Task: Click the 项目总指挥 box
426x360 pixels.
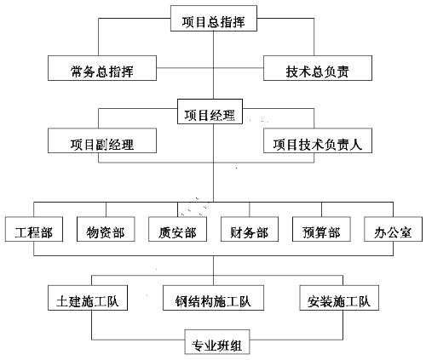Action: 214,19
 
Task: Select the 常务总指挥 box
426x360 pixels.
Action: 102,68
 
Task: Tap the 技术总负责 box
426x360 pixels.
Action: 318,68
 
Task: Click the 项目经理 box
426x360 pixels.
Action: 210,111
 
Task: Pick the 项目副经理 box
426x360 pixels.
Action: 102,140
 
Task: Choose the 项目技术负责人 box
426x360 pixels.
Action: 318,140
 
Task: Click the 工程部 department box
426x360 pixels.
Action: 34,229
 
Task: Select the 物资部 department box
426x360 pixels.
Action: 106,229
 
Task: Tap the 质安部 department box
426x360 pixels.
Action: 178,229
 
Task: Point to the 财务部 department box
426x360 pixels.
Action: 250,229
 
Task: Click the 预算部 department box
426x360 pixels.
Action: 321,229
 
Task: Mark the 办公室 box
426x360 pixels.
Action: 394,229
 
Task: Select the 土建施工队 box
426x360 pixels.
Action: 88,298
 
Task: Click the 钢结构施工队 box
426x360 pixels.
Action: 213,298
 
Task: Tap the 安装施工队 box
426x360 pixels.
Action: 339,298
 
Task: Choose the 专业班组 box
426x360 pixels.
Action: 217,342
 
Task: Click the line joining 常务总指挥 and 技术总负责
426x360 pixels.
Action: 210,68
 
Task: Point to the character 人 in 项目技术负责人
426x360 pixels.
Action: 356,145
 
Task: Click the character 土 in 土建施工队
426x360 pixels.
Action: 62,301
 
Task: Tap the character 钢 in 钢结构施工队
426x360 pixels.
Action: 181,301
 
